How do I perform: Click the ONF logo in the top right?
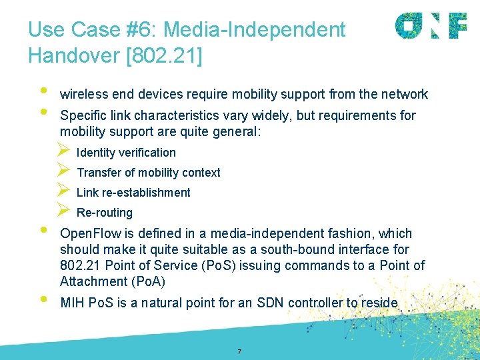(431, 26)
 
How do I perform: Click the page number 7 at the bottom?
(239, 351)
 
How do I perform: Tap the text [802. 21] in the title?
(163, 56)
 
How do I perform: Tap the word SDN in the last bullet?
(268, 303)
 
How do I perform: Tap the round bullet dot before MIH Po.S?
(43, 299)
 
